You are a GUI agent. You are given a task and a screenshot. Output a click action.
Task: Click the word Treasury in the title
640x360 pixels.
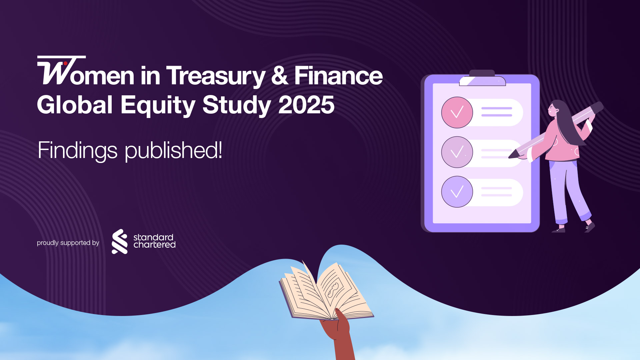[215, 76]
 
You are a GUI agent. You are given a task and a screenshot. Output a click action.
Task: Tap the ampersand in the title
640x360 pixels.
[279, 75]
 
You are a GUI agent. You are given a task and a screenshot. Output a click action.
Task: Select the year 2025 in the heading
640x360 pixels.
[306, 105]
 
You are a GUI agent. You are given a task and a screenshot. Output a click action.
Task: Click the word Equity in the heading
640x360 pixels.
[157, 105]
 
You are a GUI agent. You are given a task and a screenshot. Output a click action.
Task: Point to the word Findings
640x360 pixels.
[77, 150]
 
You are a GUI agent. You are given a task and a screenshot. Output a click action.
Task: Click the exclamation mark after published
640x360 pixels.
[219, 150]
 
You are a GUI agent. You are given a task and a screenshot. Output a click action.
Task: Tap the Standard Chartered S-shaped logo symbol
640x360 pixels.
[119, 242]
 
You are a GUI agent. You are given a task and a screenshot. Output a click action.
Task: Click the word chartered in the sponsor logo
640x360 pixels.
[154, 245]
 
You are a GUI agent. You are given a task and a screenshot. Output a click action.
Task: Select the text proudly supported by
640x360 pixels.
[68, 243]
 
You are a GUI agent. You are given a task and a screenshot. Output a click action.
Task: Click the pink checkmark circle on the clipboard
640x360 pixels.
[457, 112]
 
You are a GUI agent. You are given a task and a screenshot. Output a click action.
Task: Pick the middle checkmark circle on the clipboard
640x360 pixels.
[457, 152]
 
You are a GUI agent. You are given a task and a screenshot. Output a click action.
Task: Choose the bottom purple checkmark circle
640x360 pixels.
[457, 192]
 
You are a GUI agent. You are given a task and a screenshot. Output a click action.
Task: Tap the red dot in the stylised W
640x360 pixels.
[65, 63]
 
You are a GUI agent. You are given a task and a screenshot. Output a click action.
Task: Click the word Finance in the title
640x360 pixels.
[338, 76]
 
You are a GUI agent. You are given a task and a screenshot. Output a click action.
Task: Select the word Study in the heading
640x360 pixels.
[236, 105]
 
